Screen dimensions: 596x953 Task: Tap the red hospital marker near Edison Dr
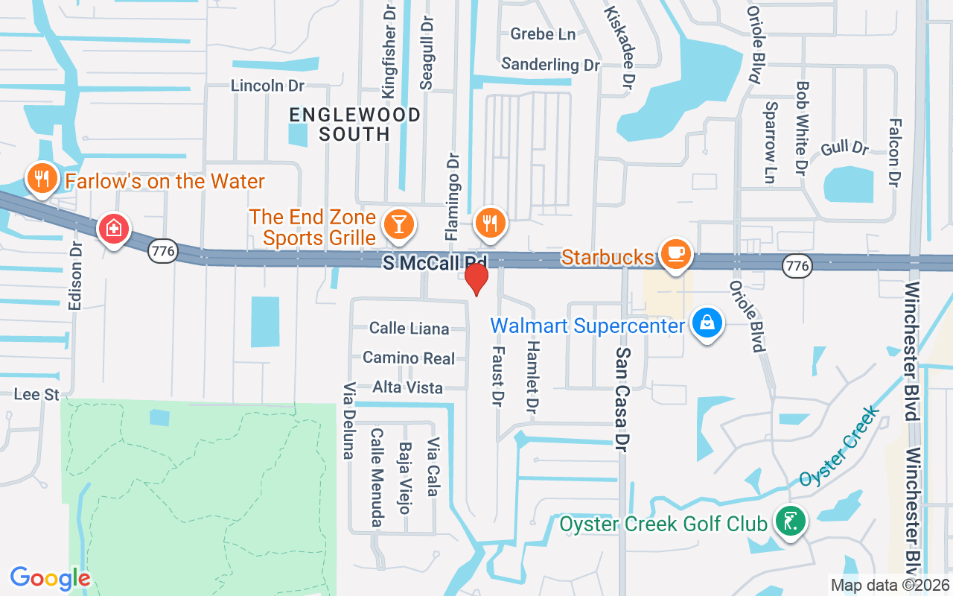tap(114, 229)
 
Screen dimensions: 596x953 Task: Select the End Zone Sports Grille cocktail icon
tap(398, 223)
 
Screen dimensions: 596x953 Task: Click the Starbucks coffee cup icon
tap(676, 254)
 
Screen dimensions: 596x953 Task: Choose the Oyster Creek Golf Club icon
tap(790, 521)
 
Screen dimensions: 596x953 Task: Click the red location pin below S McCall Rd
tap(476, 279)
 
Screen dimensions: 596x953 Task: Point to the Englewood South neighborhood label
tap(355, 124)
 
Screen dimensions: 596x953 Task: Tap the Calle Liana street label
tap(409, 329)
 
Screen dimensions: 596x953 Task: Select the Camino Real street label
tap(409, 358)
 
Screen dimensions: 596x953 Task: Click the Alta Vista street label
tap(408, 387)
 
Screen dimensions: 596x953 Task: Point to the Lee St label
tap(36, 394)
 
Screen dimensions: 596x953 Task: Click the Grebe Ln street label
tap(543, 34)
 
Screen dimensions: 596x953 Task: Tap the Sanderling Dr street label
tap(550, 65)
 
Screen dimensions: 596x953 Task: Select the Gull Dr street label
tap(845, 148)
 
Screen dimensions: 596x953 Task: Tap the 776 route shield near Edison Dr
tap(162, 252)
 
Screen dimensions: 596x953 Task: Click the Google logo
tap(50, 578)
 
